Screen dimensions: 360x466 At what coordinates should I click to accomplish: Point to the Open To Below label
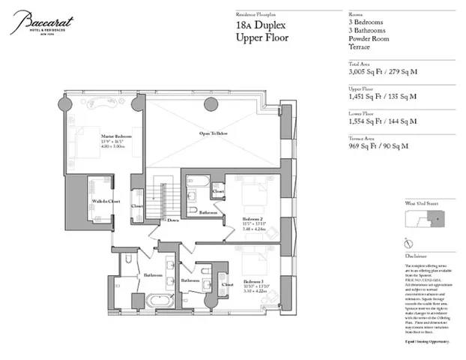(214, 133)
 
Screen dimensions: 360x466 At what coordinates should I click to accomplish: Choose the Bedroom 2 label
(252, 220)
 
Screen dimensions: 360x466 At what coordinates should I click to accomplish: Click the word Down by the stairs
(173, 220)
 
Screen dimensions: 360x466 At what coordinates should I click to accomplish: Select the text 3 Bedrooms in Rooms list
(366, 22)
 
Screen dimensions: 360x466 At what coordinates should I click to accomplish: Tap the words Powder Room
(368, 39)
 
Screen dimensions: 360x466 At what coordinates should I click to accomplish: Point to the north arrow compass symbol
(407, 243)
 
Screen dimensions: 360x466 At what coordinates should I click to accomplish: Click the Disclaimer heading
(416, 255)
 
